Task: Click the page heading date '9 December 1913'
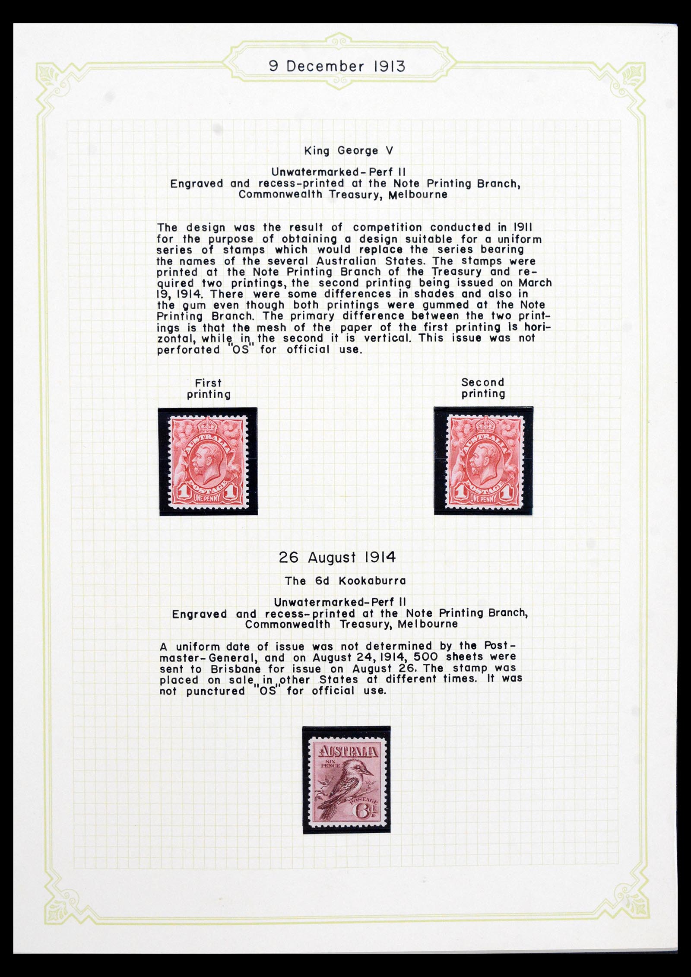click(x=337, y=67)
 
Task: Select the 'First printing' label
click(x=208, y=389)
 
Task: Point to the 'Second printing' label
click(x=483, y=388)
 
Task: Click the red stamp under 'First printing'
click(x=208, y=461)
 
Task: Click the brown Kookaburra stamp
click(x=346, y=779)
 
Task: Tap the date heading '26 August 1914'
click(x=337, y=558)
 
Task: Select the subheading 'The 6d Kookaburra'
click(x=345, y=581)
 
